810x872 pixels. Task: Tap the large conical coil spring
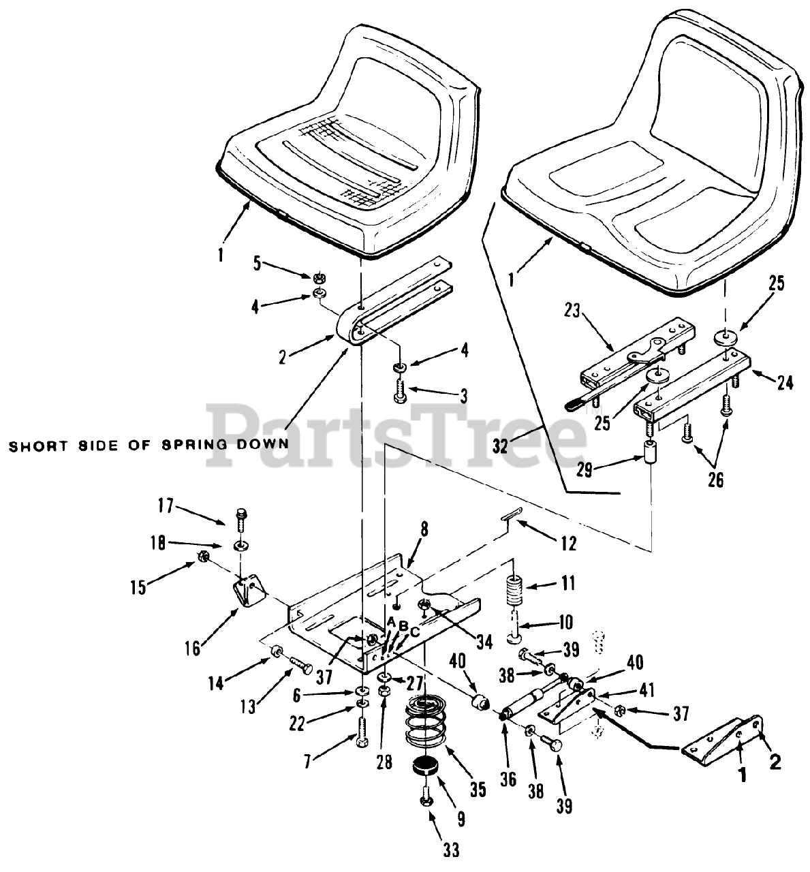tap(430, 722)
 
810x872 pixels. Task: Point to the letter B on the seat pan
tap(403, 625)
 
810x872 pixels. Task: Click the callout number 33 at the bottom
tap(451, 849)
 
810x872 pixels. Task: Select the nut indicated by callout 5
tap(317, 278)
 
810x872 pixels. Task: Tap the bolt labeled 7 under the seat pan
tap(360, 732)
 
